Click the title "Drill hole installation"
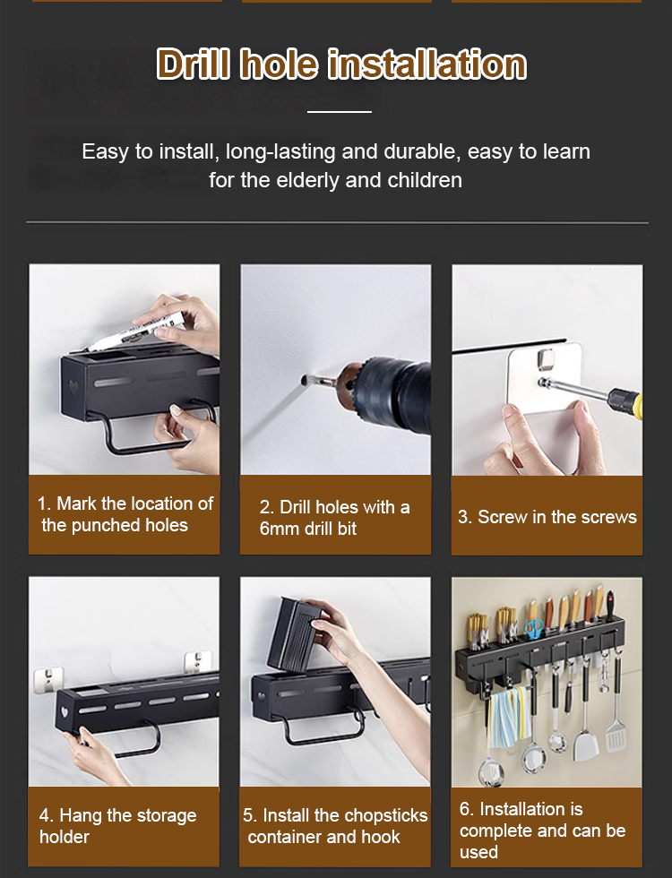click(341, 64)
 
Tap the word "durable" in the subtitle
click(420, 151)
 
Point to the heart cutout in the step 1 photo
click(73, 387)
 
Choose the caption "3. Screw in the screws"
click(547, 517)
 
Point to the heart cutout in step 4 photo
click(65, 712)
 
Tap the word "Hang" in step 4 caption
click(81, 816)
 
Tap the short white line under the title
click(340, 112)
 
